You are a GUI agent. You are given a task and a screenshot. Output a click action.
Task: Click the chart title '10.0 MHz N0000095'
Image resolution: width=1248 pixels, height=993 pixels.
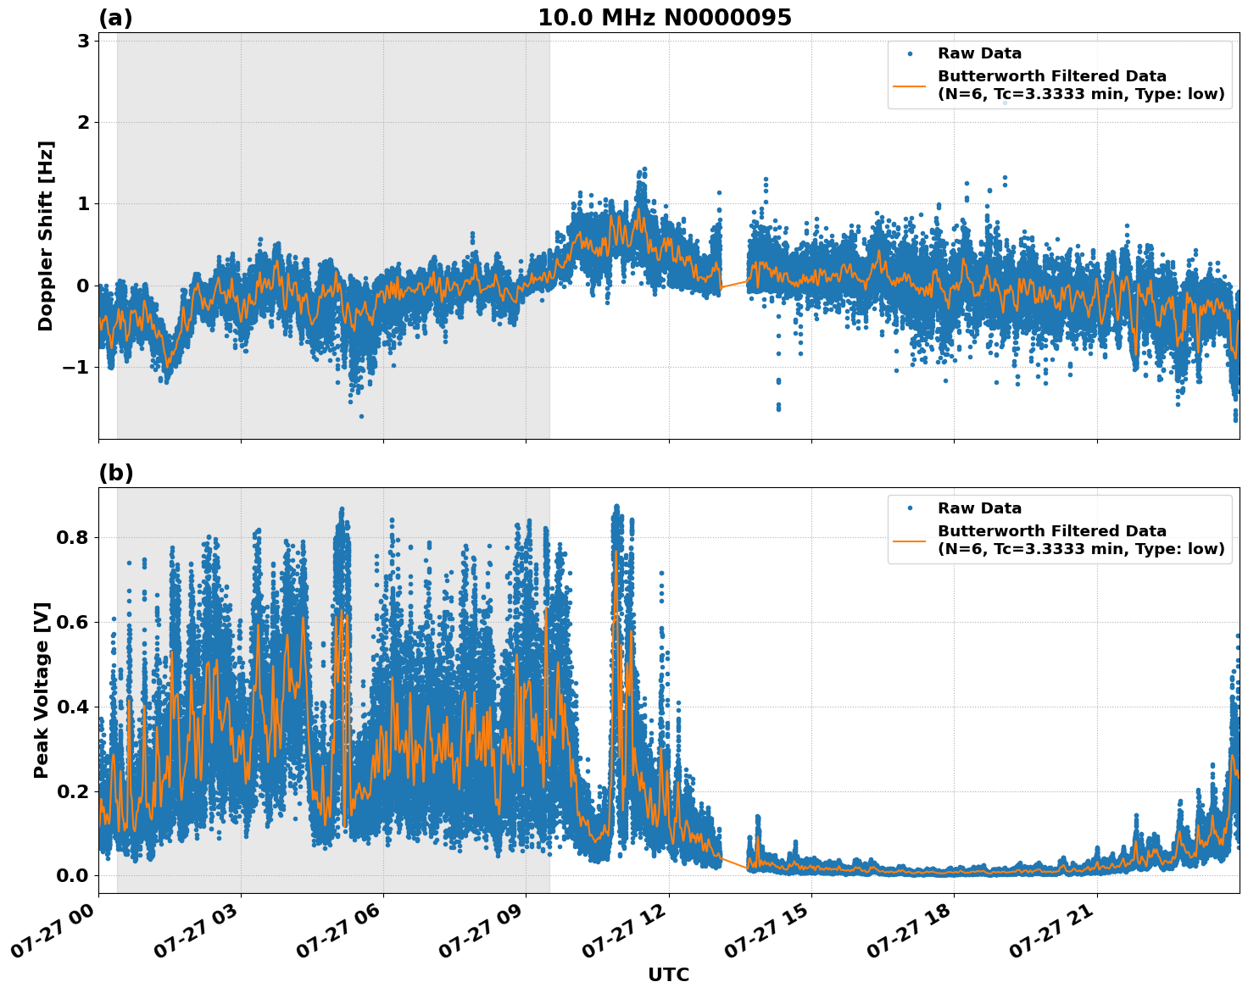click(x=664, y=18)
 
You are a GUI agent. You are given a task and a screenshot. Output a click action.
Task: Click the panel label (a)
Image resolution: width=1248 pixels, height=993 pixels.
click(x=115, y=18)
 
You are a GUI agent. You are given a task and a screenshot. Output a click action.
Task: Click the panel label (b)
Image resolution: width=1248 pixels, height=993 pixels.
click(x=115, y=473)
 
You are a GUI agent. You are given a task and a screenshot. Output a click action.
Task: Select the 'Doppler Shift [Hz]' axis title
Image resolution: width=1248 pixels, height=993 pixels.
click(x=46, y=236)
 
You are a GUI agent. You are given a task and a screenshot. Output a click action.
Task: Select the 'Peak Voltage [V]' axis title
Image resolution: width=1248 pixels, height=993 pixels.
click(x=42, y=690)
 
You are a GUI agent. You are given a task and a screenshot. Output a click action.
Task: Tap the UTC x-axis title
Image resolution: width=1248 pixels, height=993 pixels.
click(x=668, y=974)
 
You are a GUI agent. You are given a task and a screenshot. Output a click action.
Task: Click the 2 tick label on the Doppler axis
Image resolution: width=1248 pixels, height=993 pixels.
click(x=84, y=122)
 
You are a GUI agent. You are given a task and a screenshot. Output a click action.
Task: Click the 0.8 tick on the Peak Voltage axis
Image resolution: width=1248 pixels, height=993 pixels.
click(x=73, y=537)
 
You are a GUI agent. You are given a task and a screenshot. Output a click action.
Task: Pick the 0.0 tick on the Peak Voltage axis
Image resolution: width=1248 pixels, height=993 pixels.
click(x=73, y=875)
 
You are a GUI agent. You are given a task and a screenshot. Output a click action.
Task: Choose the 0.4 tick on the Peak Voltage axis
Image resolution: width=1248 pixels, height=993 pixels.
click(x=73, y=707)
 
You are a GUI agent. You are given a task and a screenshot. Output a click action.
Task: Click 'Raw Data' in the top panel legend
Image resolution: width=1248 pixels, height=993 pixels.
click(x=979, y=53)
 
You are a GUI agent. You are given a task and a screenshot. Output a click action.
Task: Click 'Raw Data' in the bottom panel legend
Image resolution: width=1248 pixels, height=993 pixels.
click(x=979, y=508)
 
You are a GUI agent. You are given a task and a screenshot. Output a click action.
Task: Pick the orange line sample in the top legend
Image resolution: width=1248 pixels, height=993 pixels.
click(x=910, y=85)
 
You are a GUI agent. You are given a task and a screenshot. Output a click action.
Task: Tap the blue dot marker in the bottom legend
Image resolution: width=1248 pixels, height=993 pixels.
click(x=910, y=508)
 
